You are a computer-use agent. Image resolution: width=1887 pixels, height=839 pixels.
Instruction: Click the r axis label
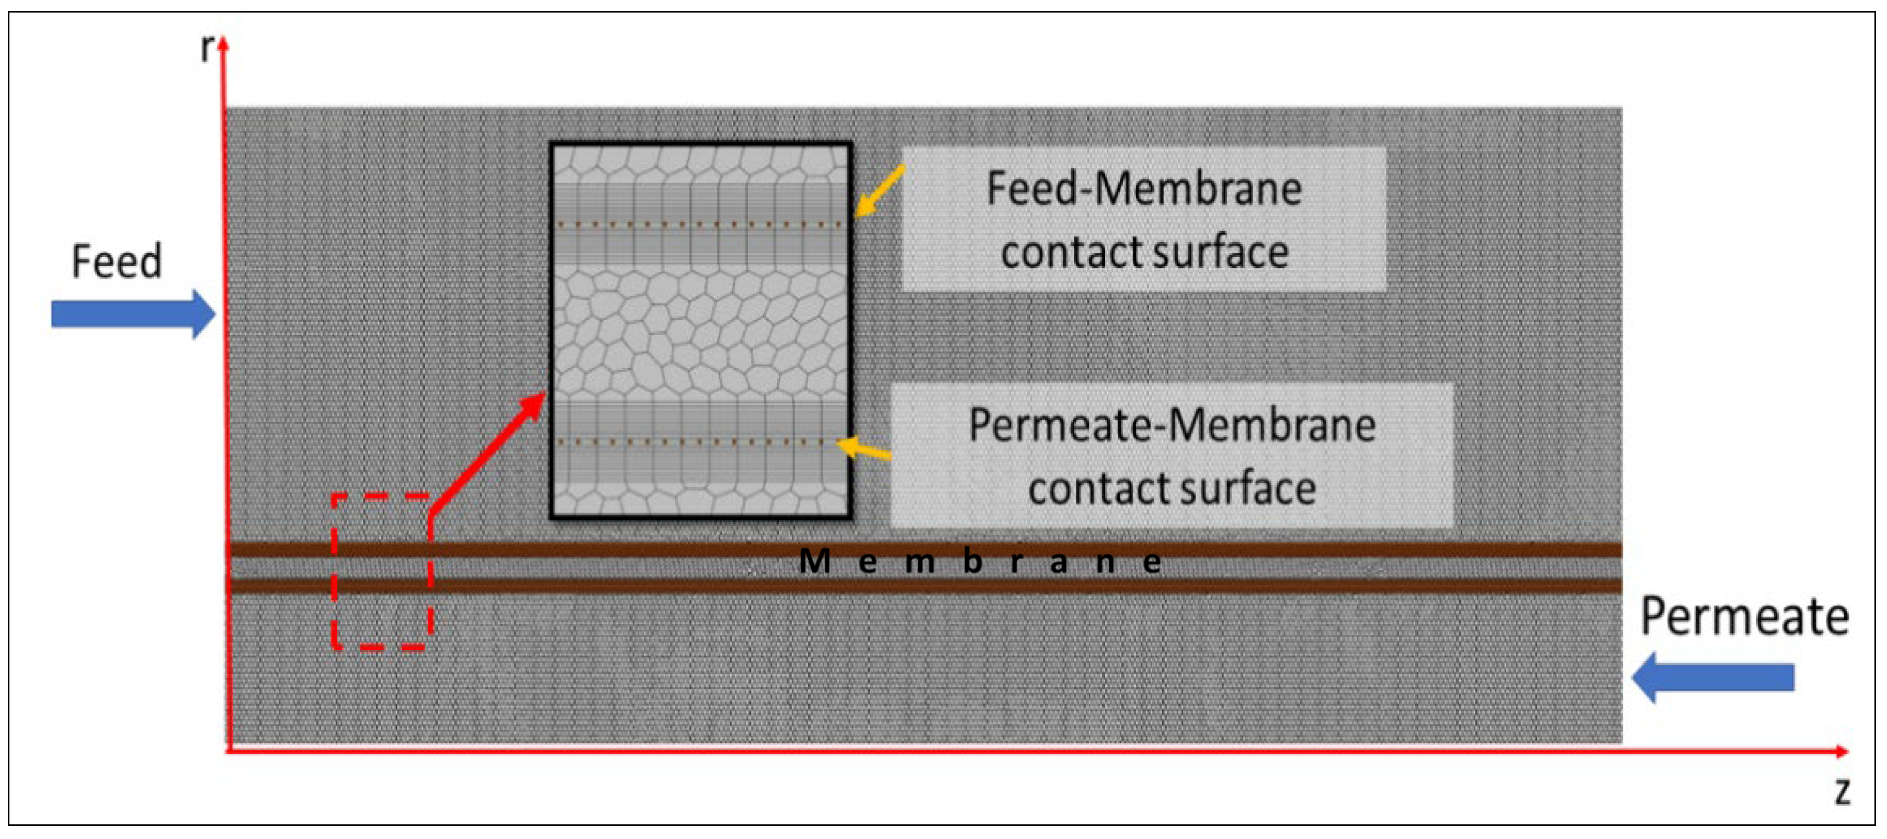(x=207, y=49)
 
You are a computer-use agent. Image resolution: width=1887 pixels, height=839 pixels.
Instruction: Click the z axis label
(x=1843, y=791)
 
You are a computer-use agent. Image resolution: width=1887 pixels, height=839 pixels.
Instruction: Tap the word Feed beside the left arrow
(x=117, y=262)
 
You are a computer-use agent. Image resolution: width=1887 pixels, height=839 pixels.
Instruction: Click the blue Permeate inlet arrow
(x=1714, y=677)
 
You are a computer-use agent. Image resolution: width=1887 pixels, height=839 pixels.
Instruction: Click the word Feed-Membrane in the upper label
(x=1143, y=188)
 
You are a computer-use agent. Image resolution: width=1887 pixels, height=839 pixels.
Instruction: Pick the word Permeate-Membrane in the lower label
(x=1172, y=425)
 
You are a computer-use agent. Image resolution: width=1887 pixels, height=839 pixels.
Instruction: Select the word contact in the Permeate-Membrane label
(x=1087, y=489)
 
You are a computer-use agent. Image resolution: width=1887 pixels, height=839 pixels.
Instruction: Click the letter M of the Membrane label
(x=814, y=561)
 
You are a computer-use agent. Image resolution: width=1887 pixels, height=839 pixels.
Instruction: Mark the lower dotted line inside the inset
(x=700, y=442)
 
